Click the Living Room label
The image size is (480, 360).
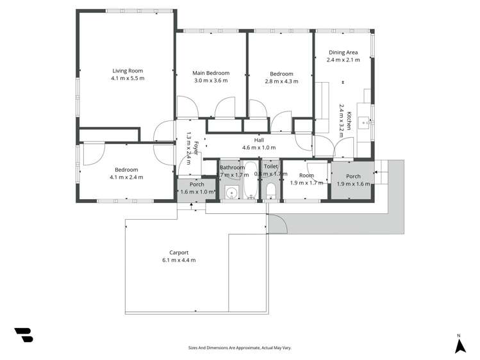(x=128, y=71)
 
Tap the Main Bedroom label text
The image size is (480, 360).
(x=211, y=73)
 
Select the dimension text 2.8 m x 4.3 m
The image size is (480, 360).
(x=281, y=81)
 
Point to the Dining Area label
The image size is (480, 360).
(x=343, y=52)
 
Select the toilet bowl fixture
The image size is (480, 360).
(x=270, y=191)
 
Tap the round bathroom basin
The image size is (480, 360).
(x=230, y=192)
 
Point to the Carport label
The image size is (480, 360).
(x=179, y=252)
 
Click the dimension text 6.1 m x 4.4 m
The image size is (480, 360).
(x=179, y=260)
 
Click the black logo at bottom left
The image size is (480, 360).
(x=24, y=334)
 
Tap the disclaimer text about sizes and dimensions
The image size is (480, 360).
(x=240, y=348)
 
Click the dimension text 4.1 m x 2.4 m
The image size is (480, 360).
(x=126, y=177)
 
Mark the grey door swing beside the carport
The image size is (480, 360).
(x=277, y=223)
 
